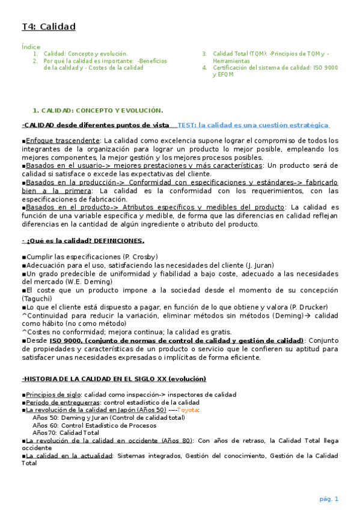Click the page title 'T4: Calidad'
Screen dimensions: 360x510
click(49, 26)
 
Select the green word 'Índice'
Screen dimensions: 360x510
click(31, 46)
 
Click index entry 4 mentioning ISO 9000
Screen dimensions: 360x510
click(271, 71)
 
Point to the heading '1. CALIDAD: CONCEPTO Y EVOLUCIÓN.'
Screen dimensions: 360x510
click(97, 110)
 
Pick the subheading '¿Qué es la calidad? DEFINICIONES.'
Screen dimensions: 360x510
click(85, 241)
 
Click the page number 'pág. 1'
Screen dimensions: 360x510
click(328, 499)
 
